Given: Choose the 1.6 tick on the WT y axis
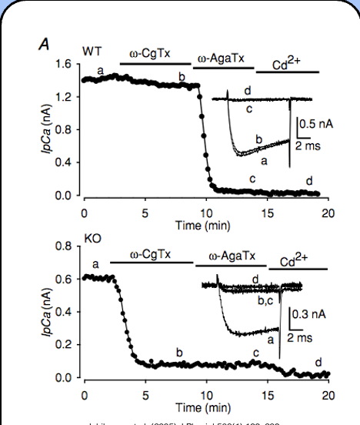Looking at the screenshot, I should point(66,65).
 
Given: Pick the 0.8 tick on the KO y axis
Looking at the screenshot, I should point(66,246).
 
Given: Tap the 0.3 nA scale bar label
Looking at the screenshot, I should point(312,314).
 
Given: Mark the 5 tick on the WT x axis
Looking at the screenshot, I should point(145,211).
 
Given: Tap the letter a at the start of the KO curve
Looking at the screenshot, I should point(96,264).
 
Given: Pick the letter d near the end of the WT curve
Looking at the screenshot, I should point(309,181).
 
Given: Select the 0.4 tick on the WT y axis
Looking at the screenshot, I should point(66,163).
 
